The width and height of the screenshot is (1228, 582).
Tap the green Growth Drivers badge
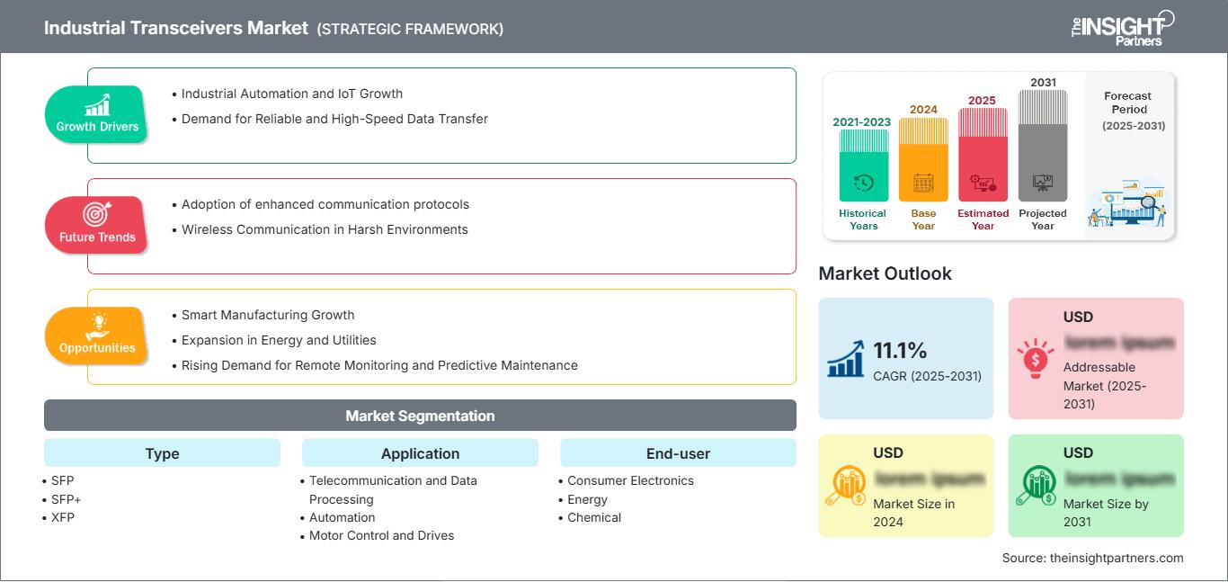(x=97, y=114)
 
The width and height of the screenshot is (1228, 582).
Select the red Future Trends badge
(x=97, y=225)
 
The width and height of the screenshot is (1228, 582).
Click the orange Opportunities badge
(x=97, y=336)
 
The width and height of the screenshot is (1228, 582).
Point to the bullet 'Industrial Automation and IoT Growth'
(x=291, y=94)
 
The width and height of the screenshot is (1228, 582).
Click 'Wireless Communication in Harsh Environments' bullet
(x=325, y=229)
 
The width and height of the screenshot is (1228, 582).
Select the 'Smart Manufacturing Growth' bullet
(x=268, y=315)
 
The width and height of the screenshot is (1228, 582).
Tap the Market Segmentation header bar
(x=420, y=416)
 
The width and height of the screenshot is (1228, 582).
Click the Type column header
(x=162, y=453)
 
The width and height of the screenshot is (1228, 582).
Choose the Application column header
(x=420, y=453)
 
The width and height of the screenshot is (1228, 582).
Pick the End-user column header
(x=678, y=453)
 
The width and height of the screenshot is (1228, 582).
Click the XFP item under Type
(x=63, y=517)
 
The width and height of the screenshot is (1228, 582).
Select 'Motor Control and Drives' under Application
(x=381, y=535)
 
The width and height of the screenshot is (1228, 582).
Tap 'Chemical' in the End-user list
(x=594, y=517)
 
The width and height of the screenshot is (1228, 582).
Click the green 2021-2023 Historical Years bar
(x=863, y=166)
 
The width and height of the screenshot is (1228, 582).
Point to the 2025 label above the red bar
(x=982, y=100)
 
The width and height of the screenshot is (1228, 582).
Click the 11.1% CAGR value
(x=900, y=350)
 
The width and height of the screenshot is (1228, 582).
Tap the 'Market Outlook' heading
(x=885, y=273)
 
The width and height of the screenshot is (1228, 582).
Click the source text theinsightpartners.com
(x=1092, y=558)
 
